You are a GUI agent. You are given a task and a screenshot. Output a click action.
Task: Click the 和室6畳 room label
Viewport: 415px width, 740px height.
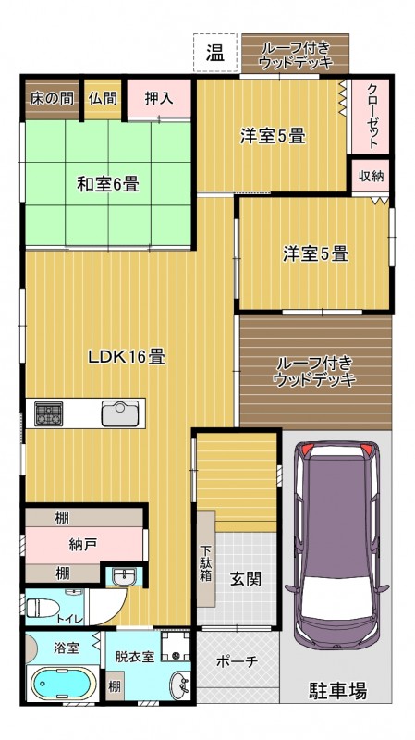[x=108, y=184]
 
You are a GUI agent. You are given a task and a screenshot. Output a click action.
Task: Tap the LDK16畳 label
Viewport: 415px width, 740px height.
[x=127, y=357]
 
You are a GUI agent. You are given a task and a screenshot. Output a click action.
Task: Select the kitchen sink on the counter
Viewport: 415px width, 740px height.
[x=120, y=413]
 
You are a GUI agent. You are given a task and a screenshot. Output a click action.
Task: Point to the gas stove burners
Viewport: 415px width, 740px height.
[x=49, y=413]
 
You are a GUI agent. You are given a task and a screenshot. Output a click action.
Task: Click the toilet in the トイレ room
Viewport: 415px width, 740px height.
[x=42, y=607]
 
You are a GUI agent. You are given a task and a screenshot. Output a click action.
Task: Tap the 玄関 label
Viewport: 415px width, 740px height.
[x=246, y=579]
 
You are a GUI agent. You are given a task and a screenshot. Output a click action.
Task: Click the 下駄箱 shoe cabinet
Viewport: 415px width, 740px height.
[x=205, y=559]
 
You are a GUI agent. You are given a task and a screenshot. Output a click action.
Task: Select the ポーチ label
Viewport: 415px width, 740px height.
[x=237, y=661]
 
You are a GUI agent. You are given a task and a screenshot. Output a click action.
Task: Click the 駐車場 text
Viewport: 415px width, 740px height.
[x=338, y=691]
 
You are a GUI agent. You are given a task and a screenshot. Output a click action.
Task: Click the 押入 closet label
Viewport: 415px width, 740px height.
[x=158, y=98]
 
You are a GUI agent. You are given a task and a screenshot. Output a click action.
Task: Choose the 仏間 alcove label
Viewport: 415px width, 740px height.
[x=103, y=98]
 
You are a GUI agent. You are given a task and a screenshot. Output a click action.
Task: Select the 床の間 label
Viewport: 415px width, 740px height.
[x=52, y=98]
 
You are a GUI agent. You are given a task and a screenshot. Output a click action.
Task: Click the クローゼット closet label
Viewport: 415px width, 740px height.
[x=372, y=117]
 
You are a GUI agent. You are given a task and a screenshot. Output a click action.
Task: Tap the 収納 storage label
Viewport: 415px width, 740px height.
[x=371, y=177]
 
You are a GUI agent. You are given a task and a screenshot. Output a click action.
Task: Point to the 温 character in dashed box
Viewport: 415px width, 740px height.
[x=215, y=54]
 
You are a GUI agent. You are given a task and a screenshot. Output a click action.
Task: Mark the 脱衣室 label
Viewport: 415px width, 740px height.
[x=135, y=657]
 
